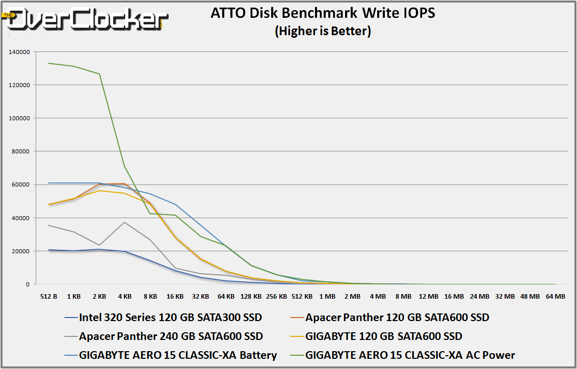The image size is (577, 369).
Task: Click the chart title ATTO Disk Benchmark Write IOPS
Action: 323,13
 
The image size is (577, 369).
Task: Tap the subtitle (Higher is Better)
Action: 323,31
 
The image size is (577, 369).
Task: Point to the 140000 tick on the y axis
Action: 20,52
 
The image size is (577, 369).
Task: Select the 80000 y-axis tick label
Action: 22,151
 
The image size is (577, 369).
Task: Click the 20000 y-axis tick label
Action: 22,251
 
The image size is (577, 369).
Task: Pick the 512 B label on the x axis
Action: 48,296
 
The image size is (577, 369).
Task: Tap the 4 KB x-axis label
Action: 124,296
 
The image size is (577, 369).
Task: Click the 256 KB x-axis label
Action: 276,296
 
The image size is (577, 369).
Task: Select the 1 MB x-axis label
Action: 327,296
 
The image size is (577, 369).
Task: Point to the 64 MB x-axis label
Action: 555,296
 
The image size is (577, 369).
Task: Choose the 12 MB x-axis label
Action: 429,296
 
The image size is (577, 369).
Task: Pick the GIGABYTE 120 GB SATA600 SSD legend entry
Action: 383,336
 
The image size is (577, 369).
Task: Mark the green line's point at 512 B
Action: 48,63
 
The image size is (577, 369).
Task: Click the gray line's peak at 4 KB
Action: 124,222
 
